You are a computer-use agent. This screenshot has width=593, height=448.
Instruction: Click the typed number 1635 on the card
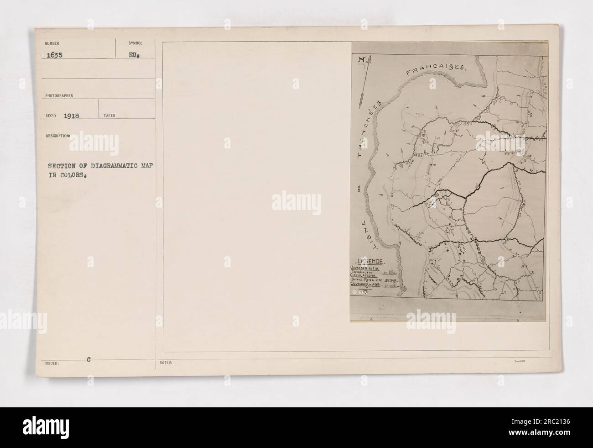(54, 53)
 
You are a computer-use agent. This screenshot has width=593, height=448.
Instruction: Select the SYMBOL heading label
(135, 42)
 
